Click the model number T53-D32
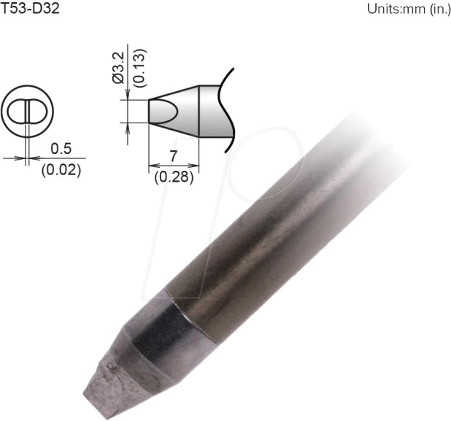pos(30,9)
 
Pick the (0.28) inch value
pos(172,176)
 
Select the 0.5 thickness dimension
pos(61,149)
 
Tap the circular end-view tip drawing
pos(27,112)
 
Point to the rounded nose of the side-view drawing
pos(155,112)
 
